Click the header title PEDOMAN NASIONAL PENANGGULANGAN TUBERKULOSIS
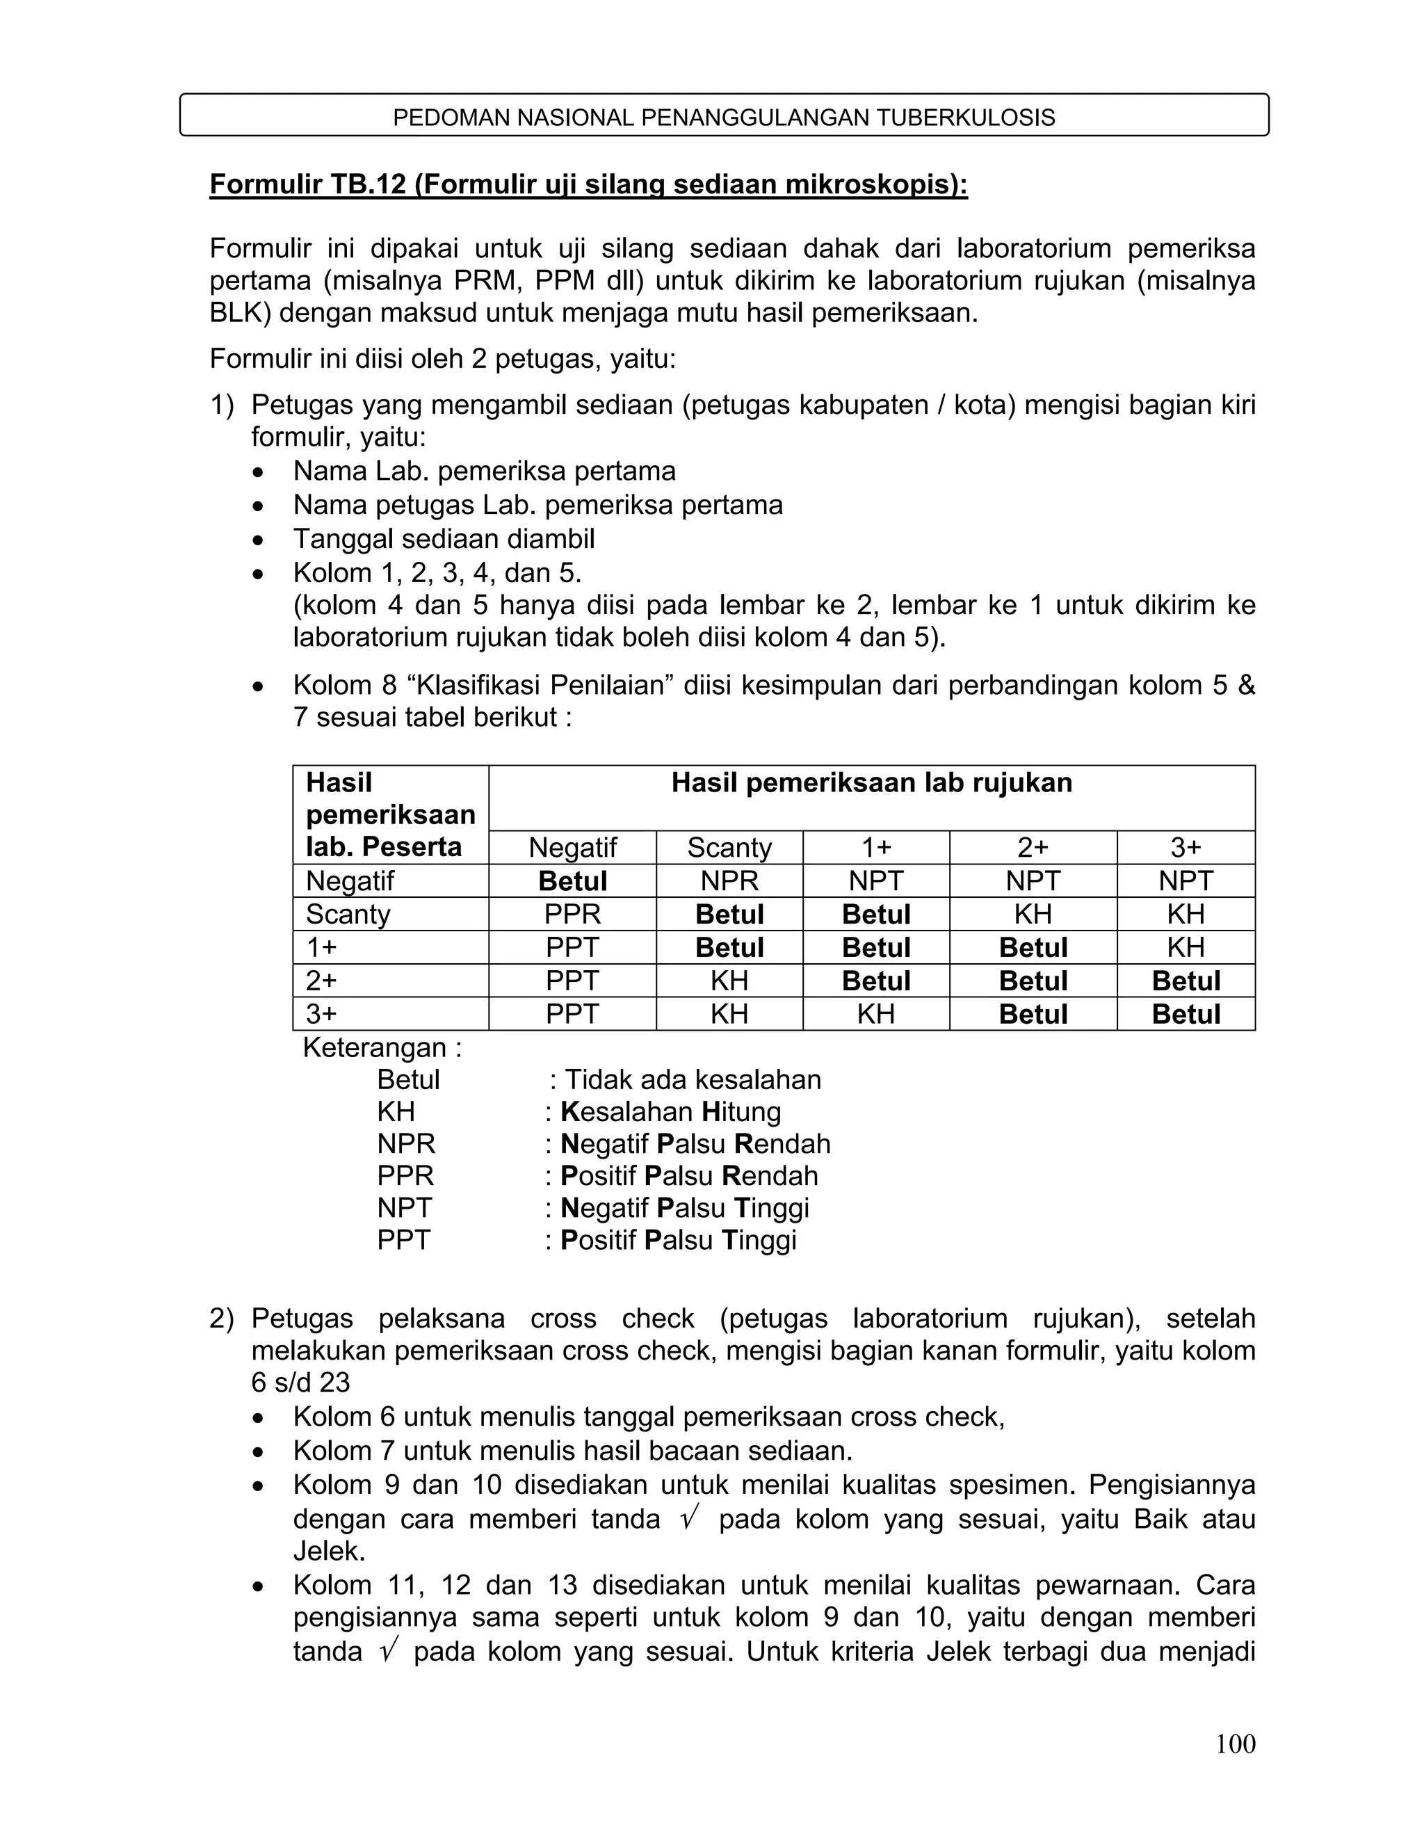(724, 118)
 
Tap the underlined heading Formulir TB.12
(588, 184)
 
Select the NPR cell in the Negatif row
(729, 881)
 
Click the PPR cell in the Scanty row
(572, 914)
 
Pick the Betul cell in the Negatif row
(572, 881)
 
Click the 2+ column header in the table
(1033, 847)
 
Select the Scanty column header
(729, 847)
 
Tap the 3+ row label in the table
(321, 1013)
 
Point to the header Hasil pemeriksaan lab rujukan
(871, 783)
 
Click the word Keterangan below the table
(381, 1047)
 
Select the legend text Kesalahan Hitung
(671, 1111)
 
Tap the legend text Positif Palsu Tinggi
(678, 1239)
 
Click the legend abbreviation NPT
(404, 1207)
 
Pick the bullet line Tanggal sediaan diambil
(444, 538)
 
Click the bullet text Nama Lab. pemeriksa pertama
(484, 471)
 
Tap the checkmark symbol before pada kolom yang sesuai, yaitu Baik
(688, 1518)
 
